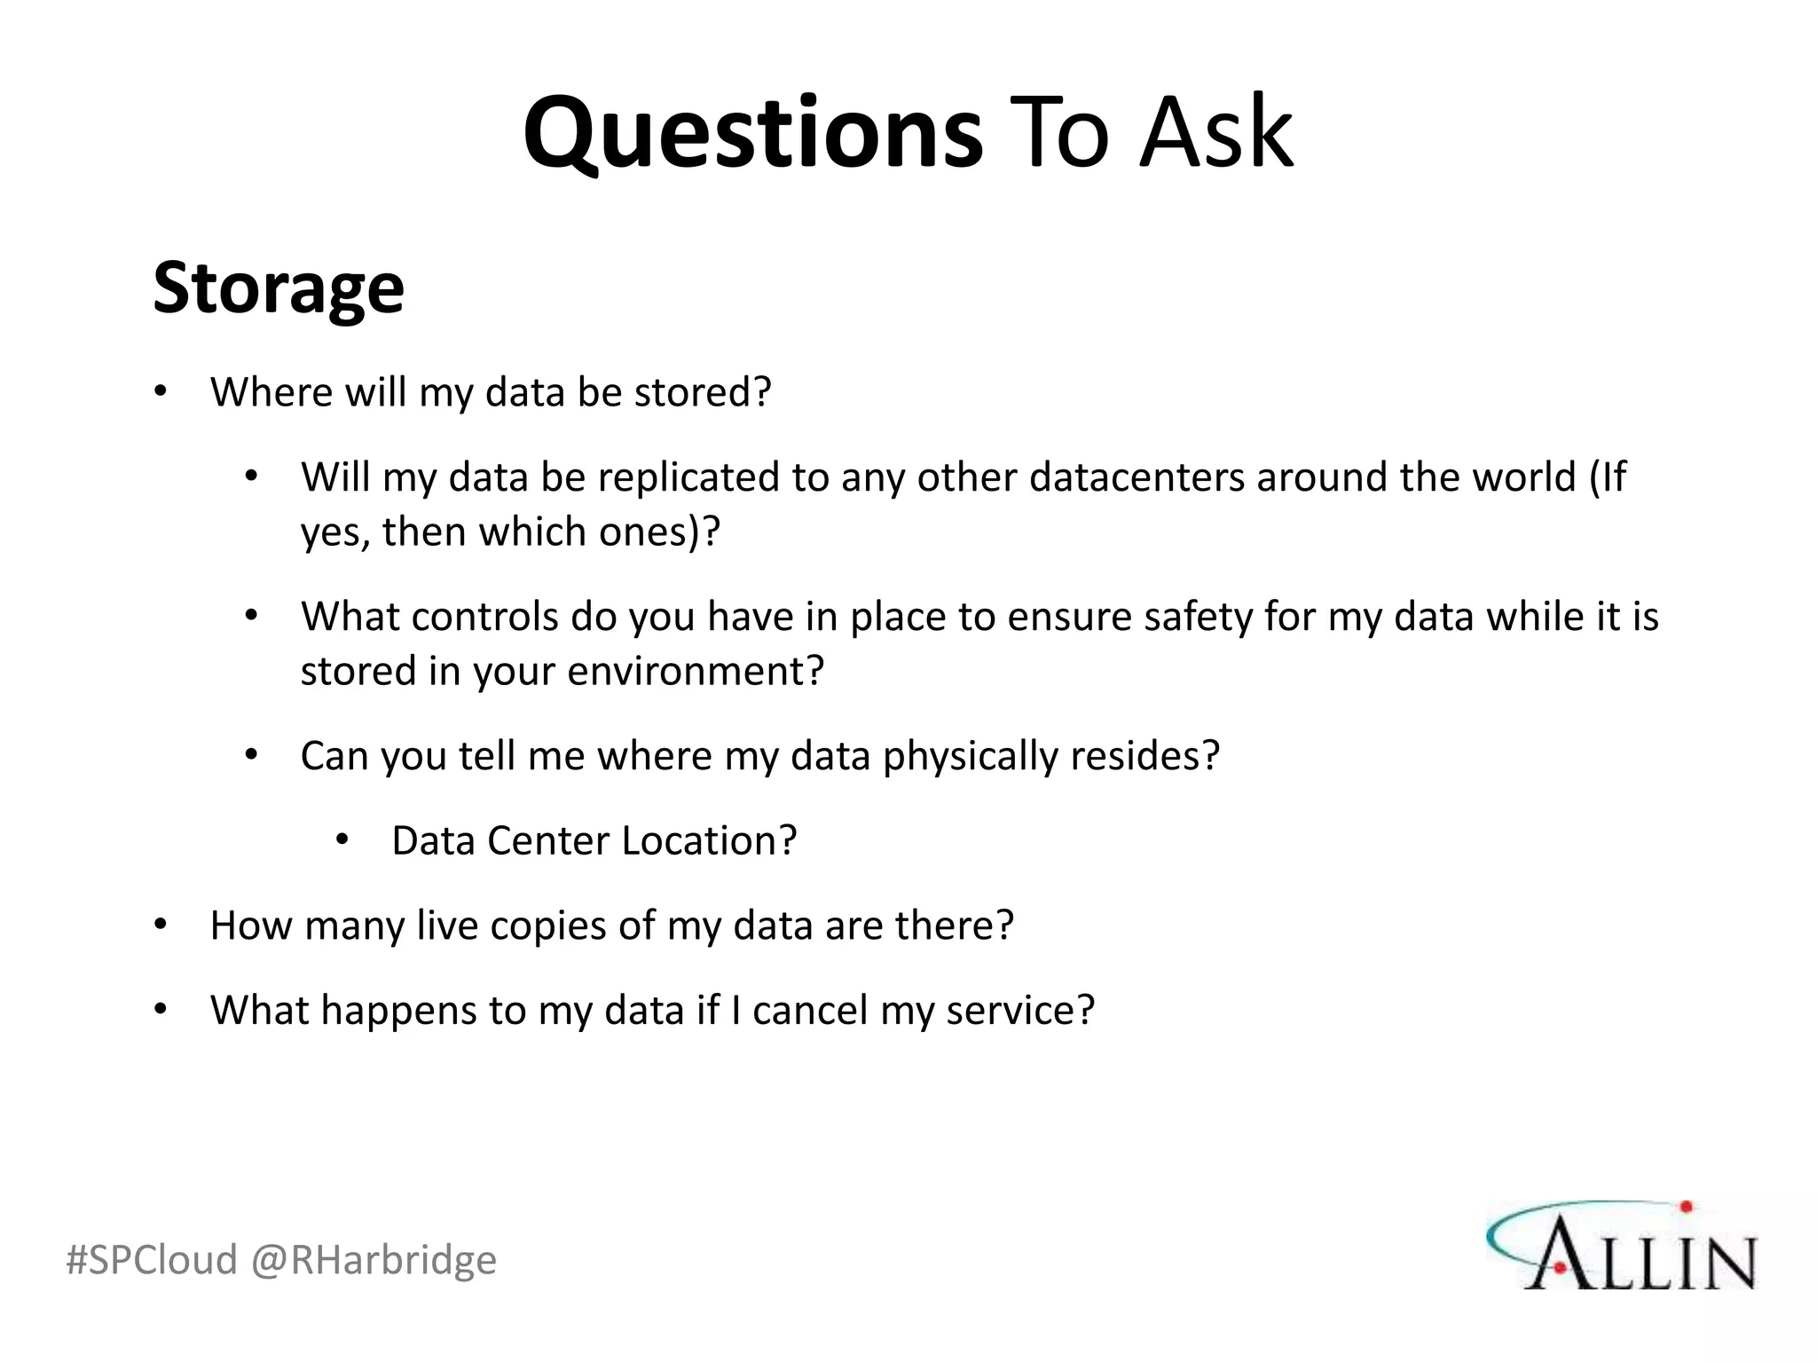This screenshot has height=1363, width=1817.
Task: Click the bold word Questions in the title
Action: (x=752, y=133)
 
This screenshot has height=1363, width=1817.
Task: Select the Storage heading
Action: (x=279, y=288)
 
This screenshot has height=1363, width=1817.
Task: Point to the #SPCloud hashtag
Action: (x=152, y=1259)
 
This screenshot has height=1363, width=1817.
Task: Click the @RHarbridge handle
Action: (x=374, y=1259)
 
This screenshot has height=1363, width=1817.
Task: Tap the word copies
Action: (x=547, y=926)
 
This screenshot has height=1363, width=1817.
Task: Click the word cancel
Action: (x=809, y=1011)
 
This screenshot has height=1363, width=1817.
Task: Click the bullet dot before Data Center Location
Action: (x=342, y=839)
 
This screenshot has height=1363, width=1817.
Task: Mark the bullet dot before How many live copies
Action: (x=161, y=925)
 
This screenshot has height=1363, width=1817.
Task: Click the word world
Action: (x=1523, y=477)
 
